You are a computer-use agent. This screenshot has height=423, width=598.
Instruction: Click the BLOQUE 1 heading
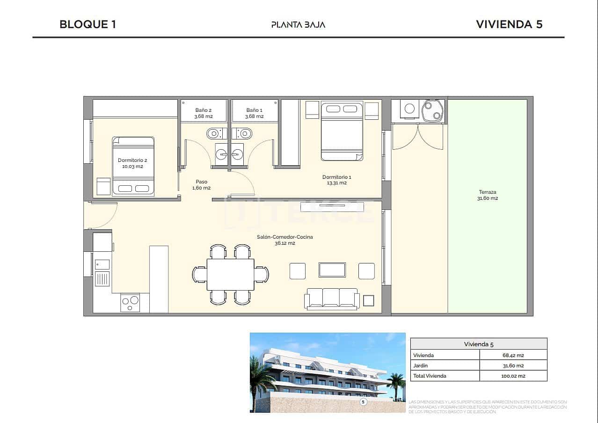[x=88, y=24]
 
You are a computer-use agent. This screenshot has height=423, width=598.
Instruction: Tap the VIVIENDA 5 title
[x=509, y=24]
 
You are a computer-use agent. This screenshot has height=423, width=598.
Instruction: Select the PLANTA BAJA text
[x=298, y=24]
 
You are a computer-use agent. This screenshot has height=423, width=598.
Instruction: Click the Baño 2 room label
[x=204, y=113]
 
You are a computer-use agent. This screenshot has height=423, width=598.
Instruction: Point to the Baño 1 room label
[x=255, y=113]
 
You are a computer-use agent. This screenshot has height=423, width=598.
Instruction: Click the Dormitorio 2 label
[x=132, y=163]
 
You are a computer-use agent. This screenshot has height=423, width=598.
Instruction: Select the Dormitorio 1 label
[x=336, y=180]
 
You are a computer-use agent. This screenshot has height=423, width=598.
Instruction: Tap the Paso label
[x=201, y=184]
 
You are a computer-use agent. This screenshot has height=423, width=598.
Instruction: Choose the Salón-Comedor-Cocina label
[x=284, y=240]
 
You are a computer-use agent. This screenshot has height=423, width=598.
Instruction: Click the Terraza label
[x=488, y=195]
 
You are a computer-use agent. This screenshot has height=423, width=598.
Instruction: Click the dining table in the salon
[x=231, y=274]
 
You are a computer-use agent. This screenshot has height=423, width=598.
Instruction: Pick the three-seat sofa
[x=332, y=299]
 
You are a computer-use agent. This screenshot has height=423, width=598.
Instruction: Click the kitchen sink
[x=102, y=264]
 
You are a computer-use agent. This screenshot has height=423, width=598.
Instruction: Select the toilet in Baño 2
[x=214, y=133]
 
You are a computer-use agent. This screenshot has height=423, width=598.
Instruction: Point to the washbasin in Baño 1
[x=237, y=153]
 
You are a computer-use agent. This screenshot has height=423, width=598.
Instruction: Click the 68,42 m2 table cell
[x=513, y=355]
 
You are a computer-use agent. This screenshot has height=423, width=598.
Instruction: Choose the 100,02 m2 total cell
[x=513, y=376]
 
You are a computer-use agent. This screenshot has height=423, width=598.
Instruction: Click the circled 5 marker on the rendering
[x=363, y=401]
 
